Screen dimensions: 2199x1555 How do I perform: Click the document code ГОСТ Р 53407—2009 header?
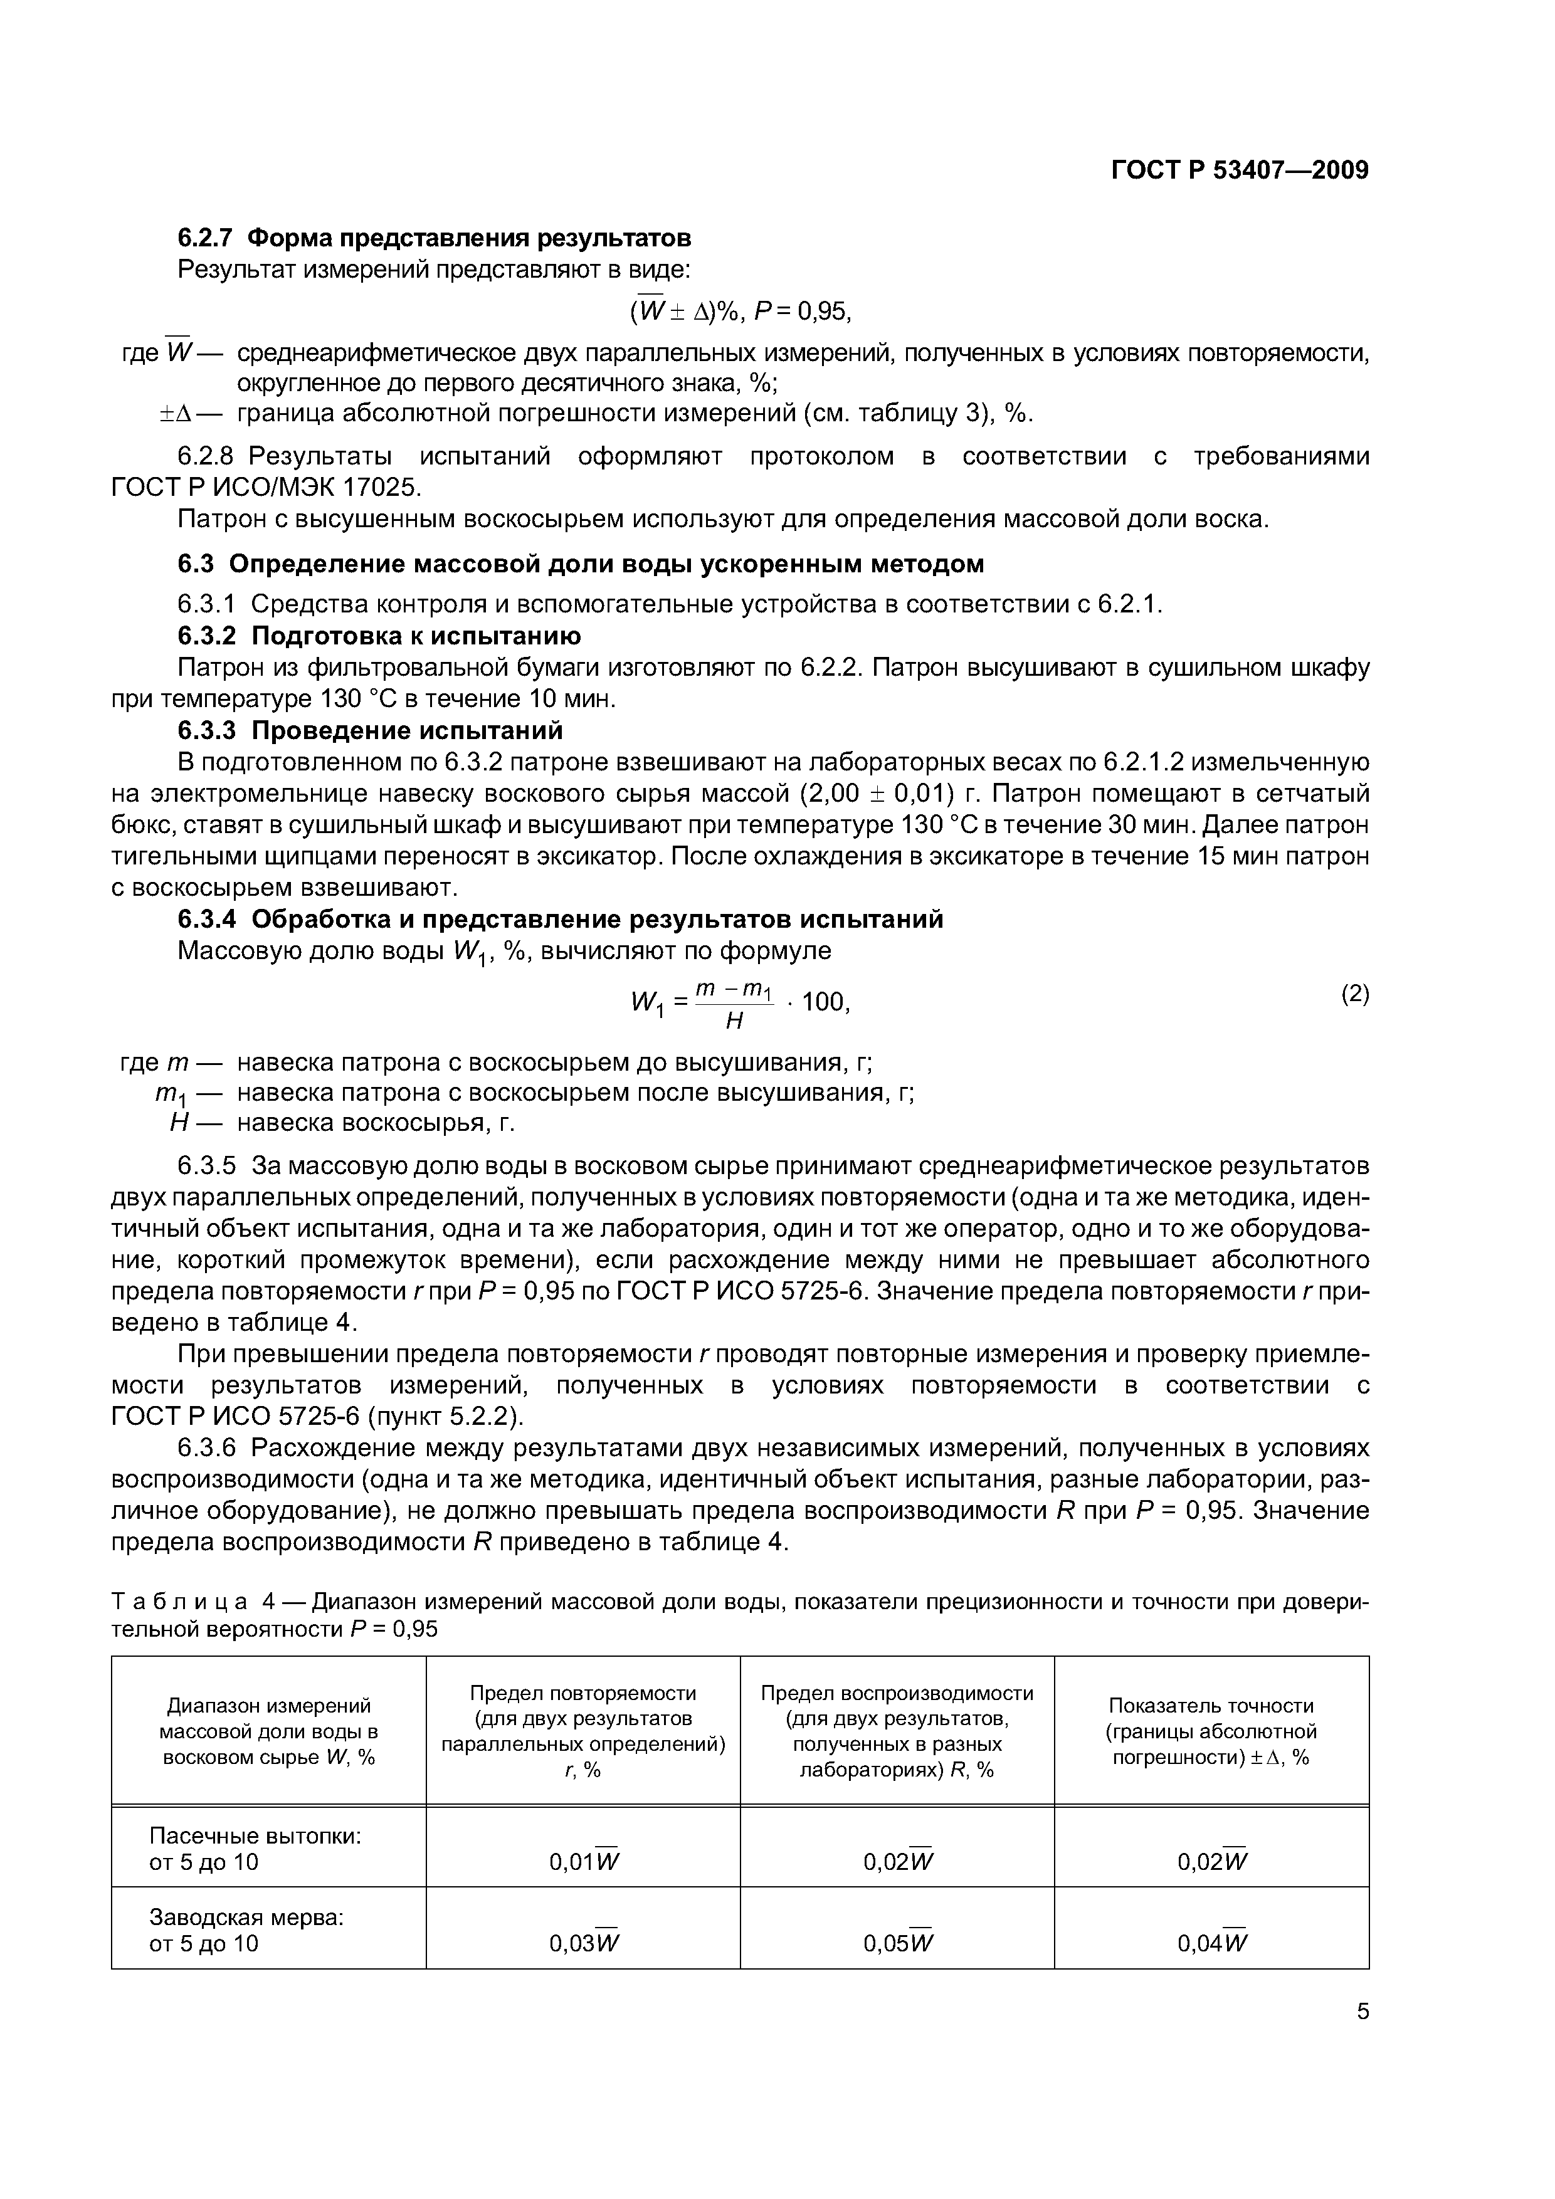click(x=1239, y=171)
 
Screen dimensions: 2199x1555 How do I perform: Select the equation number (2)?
click(x=1354, y=994)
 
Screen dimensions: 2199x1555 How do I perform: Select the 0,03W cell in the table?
click(x=584, y=1943)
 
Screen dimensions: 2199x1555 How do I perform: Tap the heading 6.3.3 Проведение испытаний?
click(x=371, y=731)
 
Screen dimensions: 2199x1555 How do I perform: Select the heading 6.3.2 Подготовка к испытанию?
click(x=379, y=636)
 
